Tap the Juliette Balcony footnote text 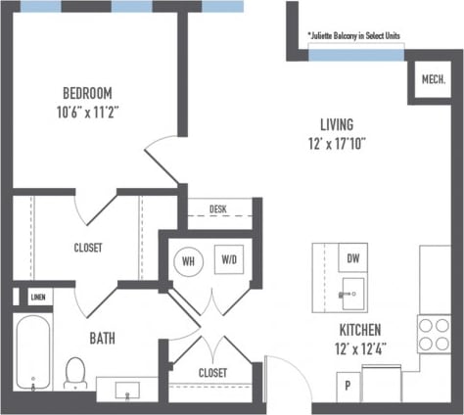pyautogui.click(x=353, y=36)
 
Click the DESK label pyautogui.click(x=221, y=209)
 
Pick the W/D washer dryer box pyautogui.click(x=229, y=260)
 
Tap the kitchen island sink pyautogui.click(x=350, y=291)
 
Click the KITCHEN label pyautogui.click(x=359, y=330)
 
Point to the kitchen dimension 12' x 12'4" pyautogui.click(x=359, y=348)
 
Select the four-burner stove pyautogui.click(x=434, y=334)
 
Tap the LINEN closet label pyautogui.click(x=37, y=297)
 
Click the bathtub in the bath pyautogui.click(x=33, y=352)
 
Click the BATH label pyautogui.click(x=104, y=339)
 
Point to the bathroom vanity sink pyautogui.click(x=129, y=391)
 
